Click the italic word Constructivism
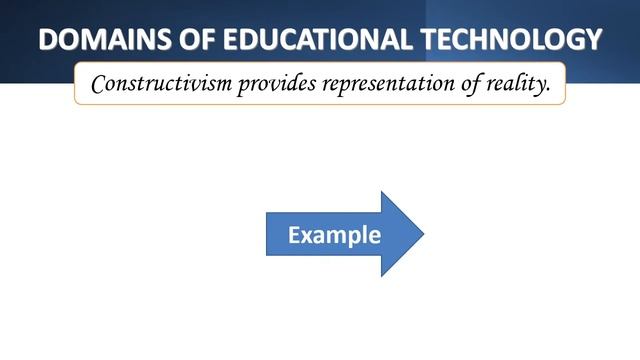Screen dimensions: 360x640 [160, 84]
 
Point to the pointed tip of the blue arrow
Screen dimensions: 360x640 [424, 234]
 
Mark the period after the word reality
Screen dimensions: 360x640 [549, 91]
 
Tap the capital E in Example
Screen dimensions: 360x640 [294, 236]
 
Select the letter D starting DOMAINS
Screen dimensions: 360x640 [49, 40]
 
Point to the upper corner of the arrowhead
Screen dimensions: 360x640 [382, 192]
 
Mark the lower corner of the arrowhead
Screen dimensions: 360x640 [382, 276]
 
